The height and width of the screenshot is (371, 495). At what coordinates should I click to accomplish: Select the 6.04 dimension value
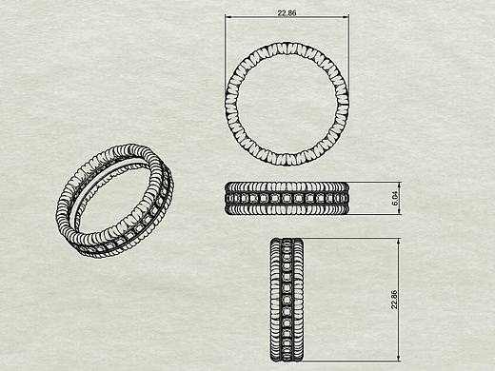395,200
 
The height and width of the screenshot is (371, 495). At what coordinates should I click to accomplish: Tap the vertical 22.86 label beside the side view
394,300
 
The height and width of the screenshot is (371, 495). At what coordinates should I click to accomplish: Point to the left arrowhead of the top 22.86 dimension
228,17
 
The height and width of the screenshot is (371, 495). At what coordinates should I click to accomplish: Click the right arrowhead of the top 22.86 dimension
346,17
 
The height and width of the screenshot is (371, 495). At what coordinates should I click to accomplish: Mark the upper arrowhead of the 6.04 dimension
399,185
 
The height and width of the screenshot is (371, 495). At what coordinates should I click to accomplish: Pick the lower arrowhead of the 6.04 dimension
399,211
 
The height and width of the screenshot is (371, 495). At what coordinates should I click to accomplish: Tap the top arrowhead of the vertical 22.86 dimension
399,242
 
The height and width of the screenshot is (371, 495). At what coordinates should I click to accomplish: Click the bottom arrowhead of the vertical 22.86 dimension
399,358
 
